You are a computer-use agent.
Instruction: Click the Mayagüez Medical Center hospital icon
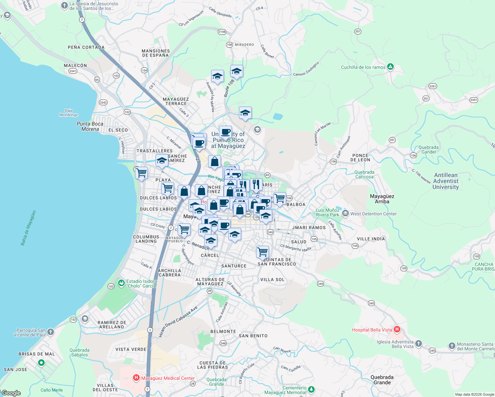pos(136,378)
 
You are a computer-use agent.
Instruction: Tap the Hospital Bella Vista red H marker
pos(397,330)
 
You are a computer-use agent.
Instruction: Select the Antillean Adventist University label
pos(446,181)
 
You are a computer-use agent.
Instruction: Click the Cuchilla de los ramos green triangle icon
pos(390,67)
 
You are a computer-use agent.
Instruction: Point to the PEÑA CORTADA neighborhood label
pos(86,47)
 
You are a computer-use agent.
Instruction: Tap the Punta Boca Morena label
pos(90,126)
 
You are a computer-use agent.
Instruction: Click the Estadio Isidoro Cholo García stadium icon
pos(122,283)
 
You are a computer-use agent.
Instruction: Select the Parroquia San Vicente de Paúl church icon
pos(50,332)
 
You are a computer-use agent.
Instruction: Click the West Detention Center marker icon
pos(345,213)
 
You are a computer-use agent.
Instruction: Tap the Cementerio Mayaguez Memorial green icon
pos(311,389)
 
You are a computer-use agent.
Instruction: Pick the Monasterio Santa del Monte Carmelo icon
pos(452,346)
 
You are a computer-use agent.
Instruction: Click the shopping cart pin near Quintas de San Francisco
pos(263,252)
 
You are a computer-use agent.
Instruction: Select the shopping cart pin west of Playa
pos(141,173)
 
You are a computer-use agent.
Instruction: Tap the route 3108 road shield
pos(222,32)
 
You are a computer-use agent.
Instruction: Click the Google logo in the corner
pos(11,393)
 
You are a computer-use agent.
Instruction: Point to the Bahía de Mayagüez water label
pos(28,228)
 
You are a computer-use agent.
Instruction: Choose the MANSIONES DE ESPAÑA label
pos(156,53)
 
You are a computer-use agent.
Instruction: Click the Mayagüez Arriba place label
pos(382,199)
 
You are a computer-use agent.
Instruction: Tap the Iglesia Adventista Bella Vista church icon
pos(418,344)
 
